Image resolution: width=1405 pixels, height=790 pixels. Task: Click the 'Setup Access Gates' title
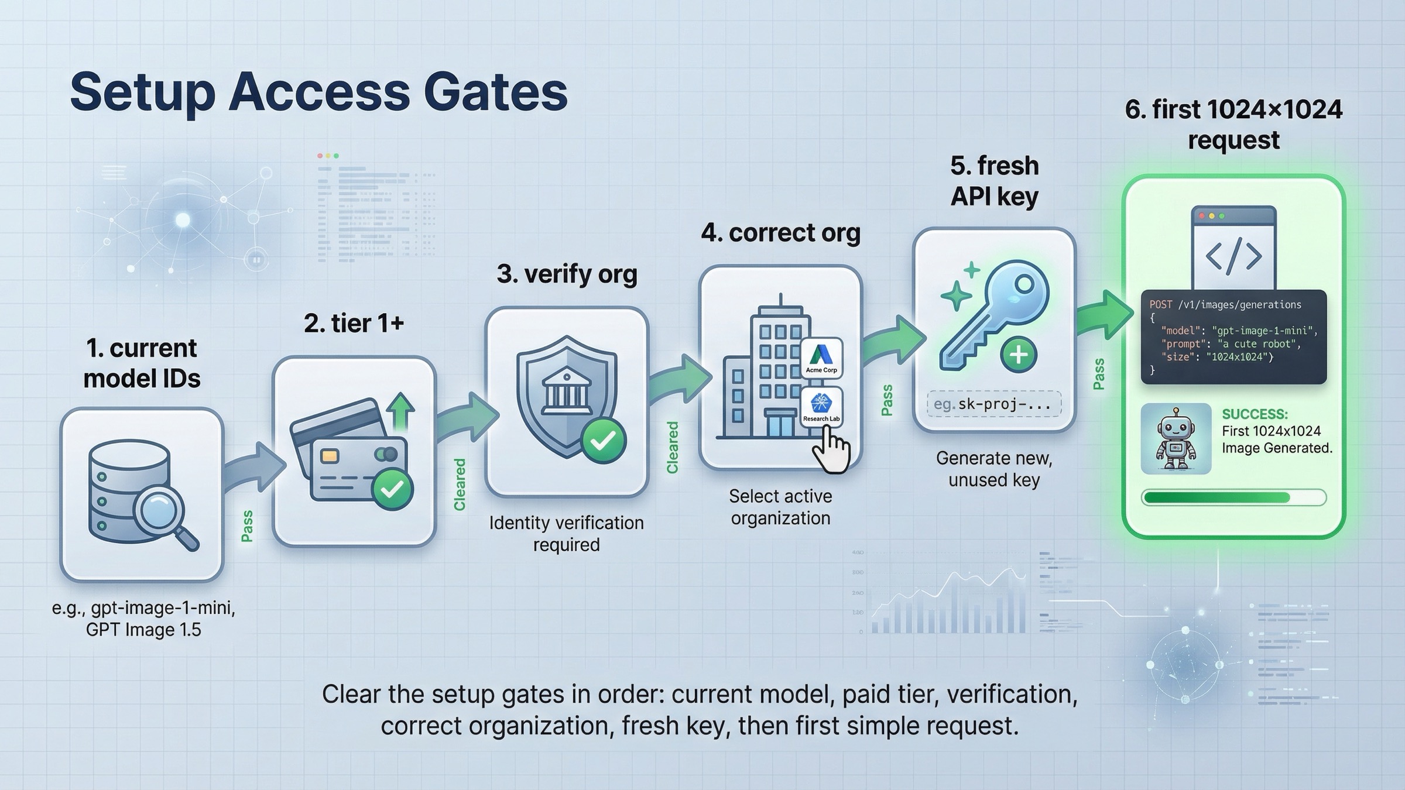(x=318, y=92)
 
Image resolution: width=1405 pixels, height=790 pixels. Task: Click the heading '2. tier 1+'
(x=354, y=324)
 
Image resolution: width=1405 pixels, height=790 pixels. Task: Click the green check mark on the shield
(x=603, y=441)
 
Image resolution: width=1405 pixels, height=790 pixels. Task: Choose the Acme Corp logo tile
(x=821, y=357)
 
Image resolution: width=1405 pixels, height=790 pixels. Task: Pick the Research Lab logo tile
(x=821, y=406)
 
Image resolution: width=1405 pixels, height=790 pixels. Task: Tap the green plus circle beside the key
(x=1018, y=355)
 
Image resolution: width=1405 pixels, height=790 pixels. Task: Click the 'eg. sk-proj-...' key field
(x=993, y=404)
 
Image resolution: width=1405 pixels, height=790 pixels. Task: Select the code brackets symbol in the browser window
(x=1233, y=256)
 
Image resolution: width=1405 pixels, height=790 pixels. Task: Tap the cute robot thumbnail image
(x=1176, y=438)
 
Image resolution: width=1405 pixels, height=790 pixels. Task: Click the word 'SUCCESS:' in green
(x=1255, y=414)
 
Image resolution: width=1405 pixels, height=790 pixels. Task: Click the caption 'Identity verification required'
(x=566, y=533)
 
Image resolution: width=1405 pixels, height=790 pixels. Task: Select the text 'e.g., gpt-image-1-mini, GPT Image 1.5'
(x=143, y=619)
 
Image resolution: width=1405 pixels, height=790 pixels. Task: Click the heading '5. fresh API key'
(x=994, y=181)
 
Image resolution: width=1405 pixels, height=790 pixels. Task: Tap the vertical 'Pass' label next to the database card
(x=247, y=525)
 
